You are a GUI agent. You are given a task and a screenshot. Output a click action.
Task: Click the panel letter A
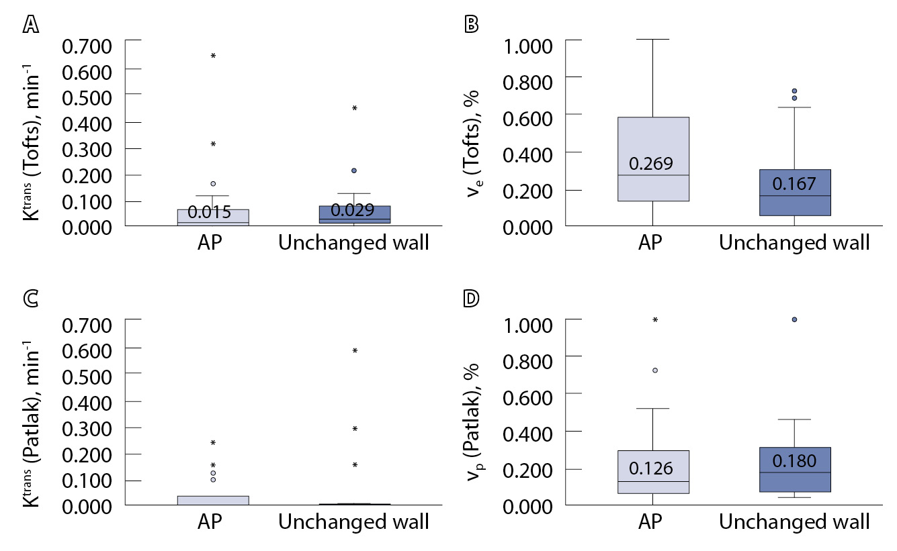[30, 24]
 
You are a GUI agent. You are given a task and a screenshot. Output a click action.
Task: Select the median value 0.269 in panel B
[651, 164]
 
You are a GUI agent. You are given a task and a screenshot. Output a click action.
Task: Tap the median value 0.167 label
[794, 183]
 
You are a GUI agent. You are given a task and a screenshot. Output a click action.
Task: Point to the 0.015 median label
[210, 213]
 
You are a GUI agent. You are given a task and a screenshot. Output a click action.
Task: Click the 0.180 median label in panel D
[794, 461]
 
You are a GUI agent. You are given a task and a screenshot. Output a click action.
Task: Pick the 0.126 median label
[651, 468]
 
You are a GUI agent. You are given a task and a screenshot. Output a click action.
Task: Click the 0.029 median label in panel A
[353, 210]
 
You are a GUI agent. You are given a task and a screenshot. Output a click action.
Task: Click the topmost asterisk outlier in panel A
[214, 56]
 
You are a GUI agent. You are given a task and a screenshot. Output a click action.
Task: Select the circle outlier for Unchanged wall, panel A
[354, 170]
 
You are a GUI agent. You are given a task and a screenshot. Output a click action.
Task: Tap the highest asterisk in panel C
[355, 351]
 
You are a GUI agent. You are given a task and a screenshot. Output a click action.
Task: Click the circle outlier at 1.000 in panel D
[795, 319]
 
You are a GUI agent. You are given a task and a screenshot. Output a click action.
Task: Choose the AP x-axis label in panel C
[213, 522]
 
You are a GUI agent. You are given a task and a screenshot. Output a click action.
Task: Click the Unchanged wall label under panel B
[794, 243]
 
